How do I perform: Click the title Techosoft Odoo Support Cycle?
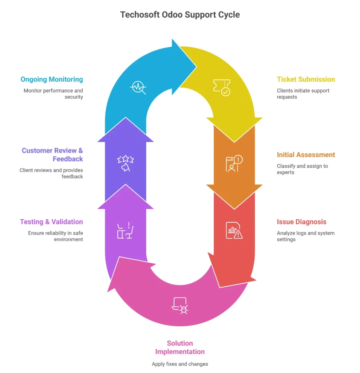pyautogui.click(x=180, y=15)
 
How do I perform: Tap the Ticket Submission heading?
pyautogui.click(x=306, y=79)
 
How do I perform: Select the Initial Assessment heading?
pyautogui.click(x=306, y=155)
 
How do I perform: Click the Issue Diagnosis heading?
pyautogui.click(x=301, y=222)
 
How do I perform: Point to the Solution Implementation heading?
pyautogui.click(x=180, y=347)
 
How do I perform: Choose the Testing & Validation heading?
pyautogui.click(x=51, y=222)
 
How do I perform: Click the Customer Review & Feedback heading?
pyautogui.click(x=52, y=154)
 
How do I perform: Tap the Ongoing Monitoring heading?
pyautogui.click(x=52, y=79)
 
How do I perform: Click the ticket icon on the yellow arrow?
pyautogui.click(x=221, y=87)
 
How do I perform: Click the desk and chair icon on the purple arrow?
pyautogui.click(x=126, y=230)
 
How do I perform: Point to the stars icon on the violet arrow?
pyautogui.click(x=126, y=163)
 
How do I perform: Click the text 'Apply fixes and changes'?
pyautogui.click(x=180, y=364)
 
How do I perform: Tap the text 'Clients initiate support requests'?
pyautogui.click(x=303, y=94)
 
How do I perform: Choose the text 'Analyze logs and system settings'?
pyautogui.click(x=305, y=236)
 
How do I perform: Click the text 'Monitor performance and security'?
pyautogui.click(x=54, y=94)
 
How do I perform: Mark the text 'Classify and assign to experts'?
pyautogui.click(x=302, y=169)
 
